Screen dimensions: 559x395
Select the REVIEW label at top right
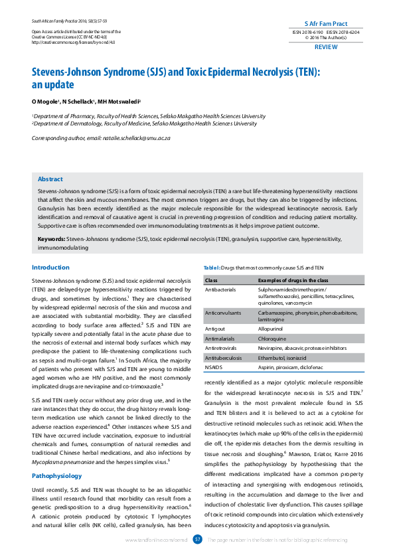[x=325, y=48]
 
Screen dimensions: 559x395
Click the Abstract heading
[x=50, y=179]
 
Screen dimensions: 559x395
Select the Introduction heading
[x=50, y=268]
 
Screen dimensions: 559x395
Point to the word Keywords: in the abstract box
[x=51, y=238]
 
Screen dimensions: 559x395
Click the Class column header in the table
[x=212, y=281]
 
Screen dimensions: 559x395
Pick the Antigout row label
[x=215, y=328]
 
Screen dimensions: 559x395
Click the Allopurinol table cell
[x=272, y=328]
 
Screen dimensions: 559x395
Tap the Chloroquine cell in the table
[x=272, y=338]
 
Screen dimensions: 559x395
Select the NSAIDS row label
[x=214, y=366]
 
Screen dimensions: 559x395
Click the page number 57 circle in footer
[x=197, y=540]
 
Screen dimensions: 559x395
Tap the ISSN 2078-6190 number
[x=307, y=32]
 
